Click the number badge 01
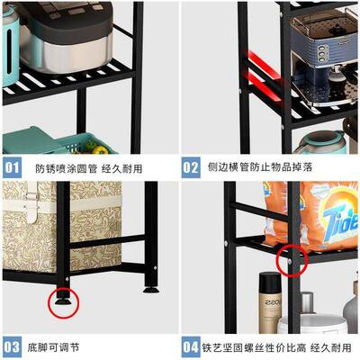(12, 167)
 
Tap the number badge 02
(192, 167)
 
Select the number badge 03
(12, 346)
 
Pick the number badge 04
(192, 346)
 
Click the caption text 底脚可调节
(60, 346)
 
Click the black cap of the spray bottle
(267, 280)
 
